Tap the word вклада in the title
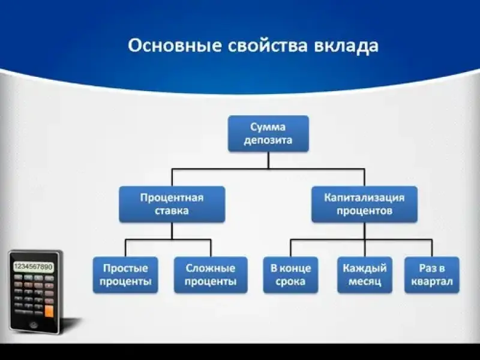(349, 46)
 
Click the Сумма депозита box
(268, 133)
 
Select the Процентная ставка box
(172, 204)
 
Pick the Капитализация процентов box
(364, 204)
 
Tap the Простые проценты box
(125, 275)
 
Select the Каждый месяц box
(365, 275)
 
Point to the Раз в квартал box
(431, 275)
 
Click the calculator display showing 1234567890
(32, 266)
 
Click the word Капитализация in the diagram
(364, 197)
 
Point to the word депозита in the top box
(268, 140)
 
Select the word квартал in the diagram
(431, 282)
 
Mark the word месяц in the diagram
(365, 282)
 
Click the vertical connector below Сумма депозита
(268, 160)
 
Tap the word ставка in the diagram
(172, 211)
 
